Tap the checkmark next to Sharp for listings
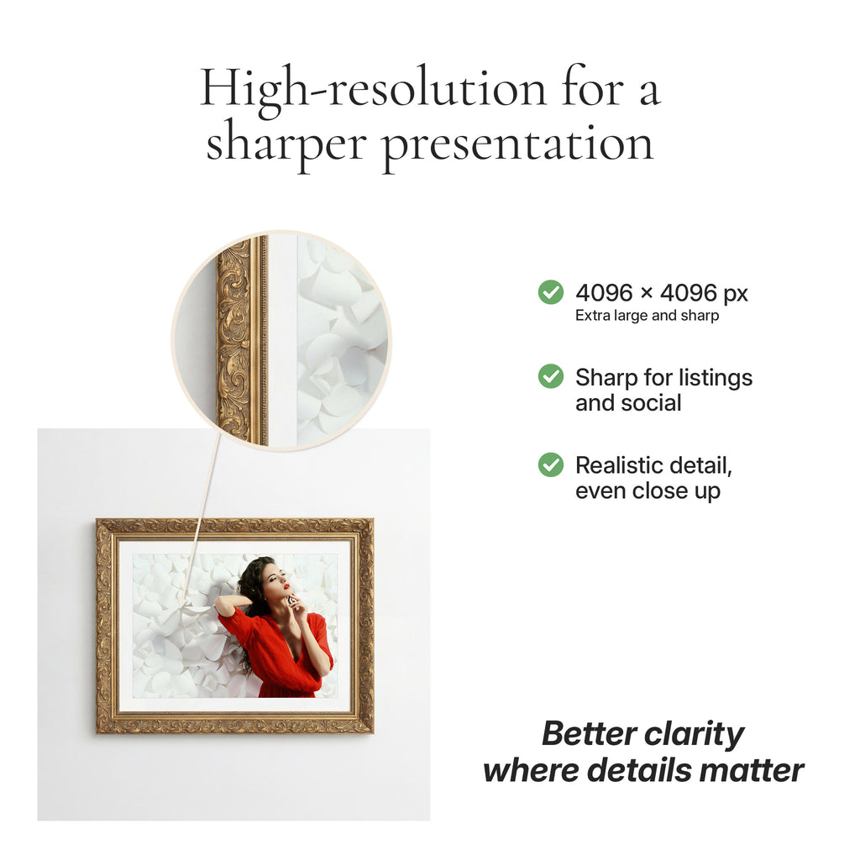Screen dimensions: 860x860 click(x=551, y=376)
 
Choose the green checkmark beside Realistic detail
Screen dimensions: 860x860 click(x=551, y=464)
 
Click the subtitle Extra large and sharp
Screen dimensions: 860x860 click(x=647, y=317)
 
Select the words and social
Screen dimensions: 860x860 click(x=628, y=403)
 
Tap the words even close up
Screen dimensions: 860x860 click(x=648, y=491)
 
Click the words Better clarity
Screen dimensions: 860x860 click(x=642, y=734)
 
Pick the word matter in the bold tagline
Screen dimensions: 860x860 click(x=759, y=770)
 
